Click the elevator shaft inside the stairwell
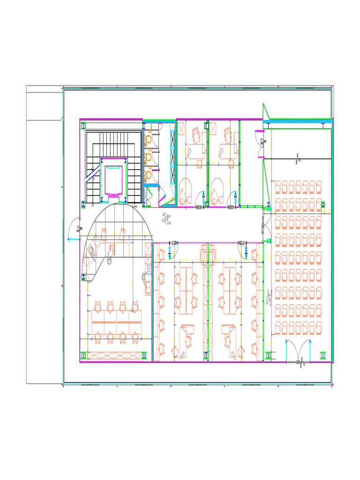coord(113,177)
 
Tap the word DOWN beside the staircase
coord(135,206)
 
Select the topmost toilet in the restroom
coord(148,140)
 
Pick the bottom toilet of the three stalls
coord(148,175)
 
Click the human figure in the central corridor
coord(165,218)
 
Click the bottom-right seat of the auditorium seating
coord(318,327)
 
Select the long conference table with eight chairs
coord(116,322)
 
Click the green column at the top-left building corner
coord(83,126)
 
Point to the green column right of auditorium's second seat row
coord(323,204)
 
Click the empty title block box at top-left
coord(45,106)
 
